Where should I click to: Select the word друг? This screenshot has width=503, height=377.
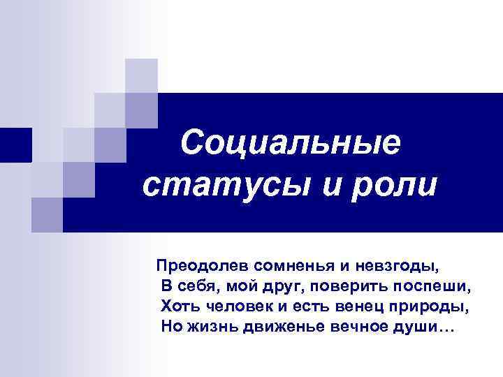pos(282,286)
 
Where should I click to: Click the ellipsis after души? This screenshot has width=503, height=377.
pos(446,330)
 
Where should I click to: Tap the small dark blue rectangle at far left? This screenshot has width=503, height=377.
pos(15,145)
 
